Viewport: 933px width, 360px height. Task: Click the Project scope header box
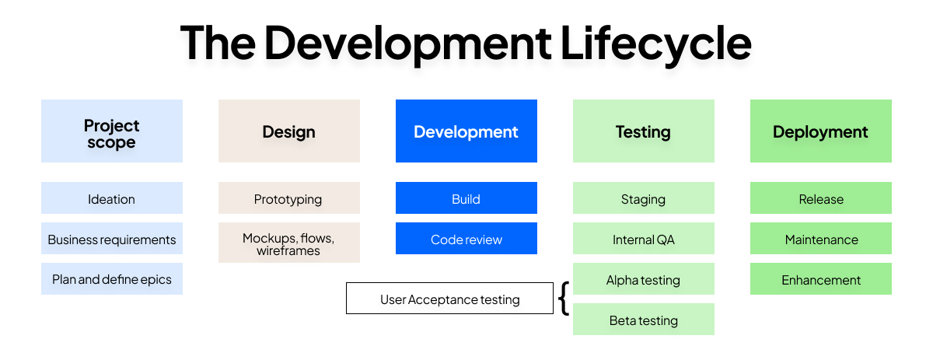112,131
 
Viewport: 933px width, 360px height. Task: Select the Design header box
289,131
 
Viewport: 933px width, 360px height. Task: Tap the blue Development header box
466,131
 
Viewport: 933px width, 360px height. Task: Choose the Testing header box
644,131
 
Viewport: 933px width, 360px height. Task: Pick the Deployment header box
821,131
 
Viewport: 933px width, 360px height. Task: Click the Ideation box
112,198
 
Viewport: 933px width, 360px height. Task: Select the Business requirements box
112,239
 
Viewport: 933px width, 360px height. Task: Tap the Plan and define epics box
112,279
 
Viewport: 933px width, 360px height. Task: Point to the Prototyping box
289,198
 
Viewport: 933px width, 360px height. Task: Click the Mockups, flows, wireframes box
289,243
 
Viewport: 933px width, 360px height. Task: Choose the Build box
466,198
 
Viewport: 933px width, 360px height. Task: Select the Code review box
466,239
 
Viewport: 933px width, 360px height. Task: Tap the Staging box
644,198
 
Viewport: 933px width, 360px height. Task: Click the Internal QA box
644,239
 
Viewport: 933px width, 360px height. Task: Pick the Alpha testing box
644,279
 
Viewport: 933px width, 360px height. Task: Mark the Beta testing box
644,320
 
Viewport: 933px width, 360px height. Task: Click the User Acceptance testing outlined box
449,299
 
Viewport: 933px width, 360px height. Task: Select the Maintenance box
821,239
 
